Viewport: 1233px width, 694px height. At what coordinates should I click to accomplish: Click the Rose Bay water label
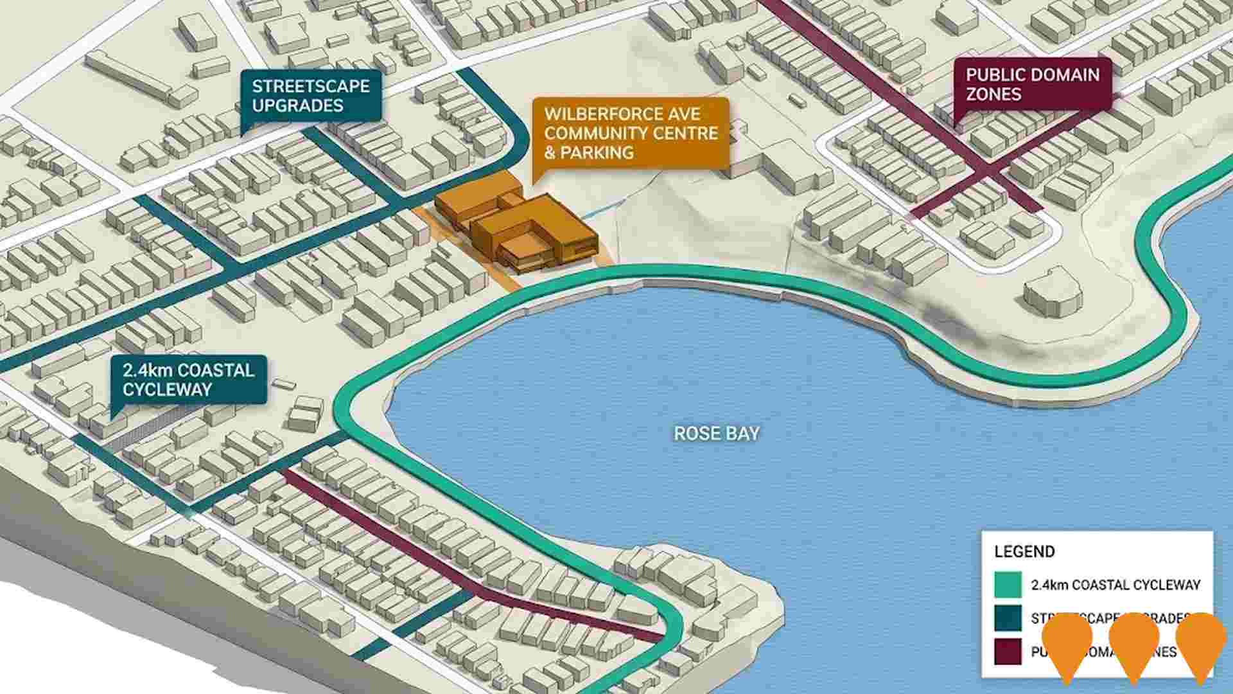point(716,434)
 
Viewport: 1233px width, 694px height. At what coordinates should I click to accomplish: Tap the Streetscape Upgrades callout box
point(310,96)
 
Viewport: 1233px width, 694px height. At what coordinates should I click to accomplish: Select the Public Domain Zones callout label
point(1032,85)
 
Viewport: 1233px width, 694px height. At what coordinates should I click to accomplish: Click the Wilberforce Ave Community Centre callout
point(631,133)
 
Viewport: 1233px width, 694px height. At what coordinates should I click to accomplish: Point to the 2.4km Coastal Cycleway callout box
point(188,379)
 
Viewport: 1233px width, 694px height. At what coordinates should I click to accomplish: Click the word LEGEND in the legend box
point(1024,552)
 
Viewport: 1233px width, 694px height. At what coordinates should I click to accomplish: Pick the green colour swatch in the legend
point(1008,585)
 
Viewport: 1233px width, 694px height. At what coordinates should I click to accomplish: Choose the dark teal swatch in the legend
point(1008,618)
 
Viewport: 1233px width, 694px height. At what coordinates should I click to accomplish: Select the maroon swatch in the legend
point(1008,652)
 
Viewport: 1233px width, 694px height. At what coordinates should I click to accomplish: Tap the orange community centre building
point(517,228)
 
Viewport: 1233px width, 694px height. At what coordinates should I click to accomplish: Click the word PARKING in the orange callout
point(597,153)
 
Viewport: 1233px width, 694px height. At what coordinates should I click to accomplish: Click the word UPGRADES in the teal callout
point(297,106)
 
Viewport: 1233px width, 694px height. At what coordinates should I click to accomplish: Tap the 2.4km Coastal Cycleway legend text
point(1115,585)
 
